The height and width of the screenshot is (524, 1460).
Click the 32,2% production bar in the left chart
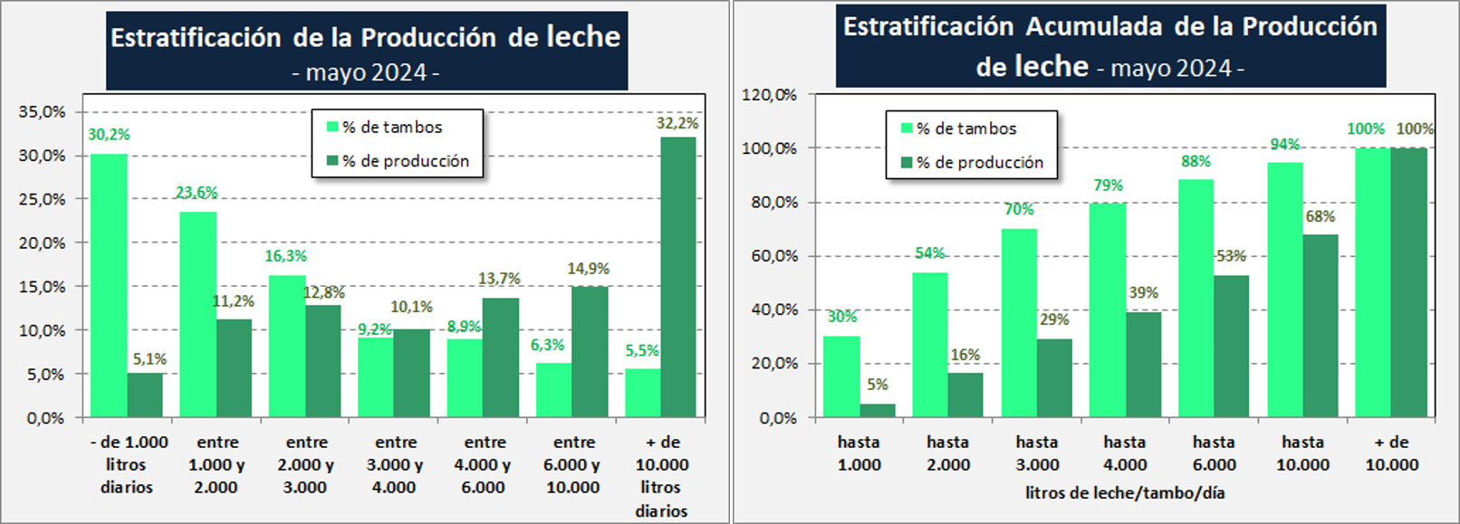click(x=678, y=277)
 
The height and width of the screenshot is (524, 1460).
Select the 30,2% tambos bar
click(x=109, y=286)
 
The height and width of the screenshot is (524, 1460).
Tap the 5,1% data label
click(x=149, y=359)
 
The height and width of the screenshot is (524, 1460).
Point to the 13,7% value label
click(x=499, y=279)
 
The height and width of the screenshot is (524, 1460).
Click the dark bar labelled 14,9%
click(x=590, y=352)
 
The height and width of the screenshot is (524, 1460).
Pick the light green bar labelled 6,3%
click(x=553, y=390)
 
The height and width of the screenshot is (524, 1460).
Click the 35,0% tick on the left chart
click(x=43, y=112)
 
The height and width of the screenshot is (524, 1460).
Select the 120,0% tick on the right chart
click(x=770, y=94)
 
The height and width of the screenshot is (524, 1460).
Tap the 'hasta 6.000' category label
click(x=1214, y=453)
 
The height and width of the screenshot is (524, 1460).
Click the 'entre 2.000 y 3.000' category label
click(x=306, y=464)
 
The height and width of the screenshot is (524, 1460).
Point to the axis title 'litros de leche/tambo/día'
click(x=1125, y=493)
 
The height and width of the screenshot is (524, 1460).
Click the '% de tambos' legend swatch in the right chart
click(x=907, y=129)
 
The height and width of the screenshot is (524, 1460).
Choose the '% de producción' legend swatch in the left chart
click(x=332, y=161)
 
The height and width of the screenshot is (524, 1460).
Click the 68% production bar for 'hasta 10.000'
click(x=1321, y=326)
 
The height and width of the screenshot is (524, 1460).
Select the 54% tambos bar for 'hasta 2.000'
click(x=929, y=345)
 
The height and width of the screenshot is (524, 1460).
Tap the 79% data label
click(x=1108, y=186)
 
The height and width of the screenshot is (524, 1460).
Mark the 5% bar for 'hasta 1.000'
click(x=877, y=410)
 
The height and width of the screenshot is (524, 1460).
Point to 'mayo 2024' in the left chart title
click(x=366, y=72)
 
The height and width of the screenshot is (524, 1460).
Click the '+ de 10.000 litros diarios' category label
click(x=661, y=476)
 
